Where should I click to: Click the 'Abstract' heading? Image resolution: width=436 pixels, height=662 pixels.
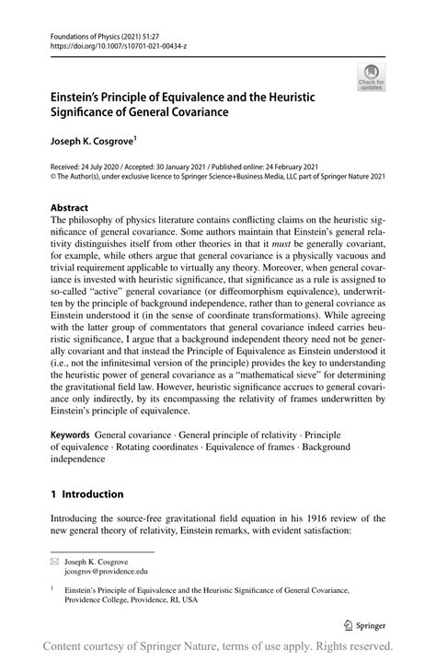pos(70,208)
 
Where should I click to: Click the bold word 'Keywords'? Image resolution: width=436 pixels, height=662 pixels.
pos(69,434)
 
